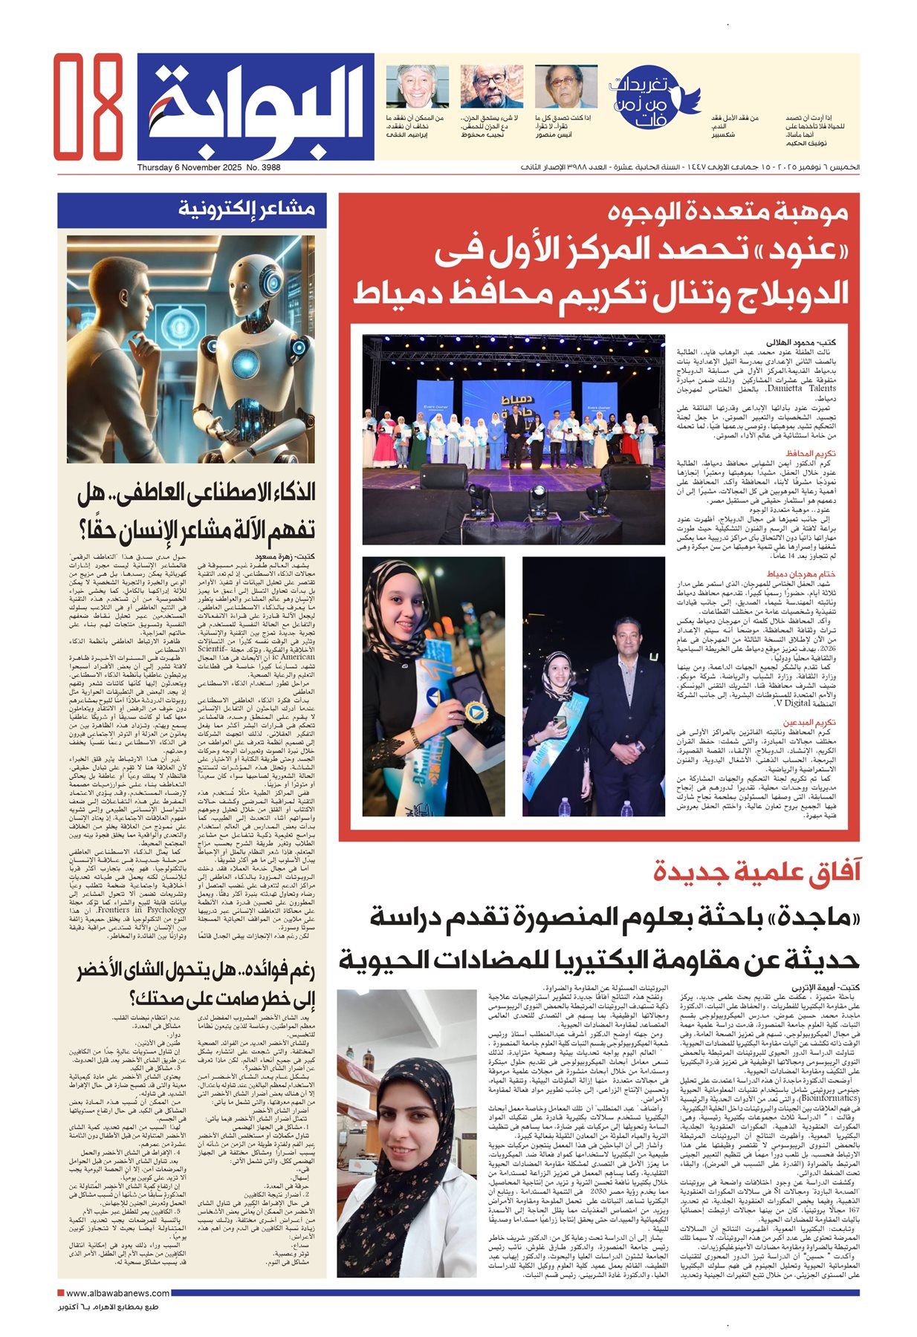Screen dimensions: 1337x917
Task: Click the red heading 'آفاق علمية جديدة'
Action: [x=756, y=871]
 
